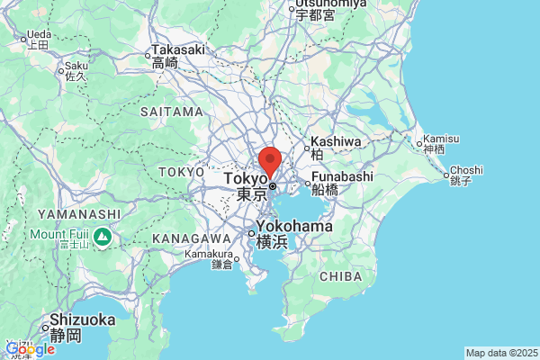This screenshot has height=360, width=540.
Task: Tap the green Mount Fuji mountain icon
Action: click(103, 238)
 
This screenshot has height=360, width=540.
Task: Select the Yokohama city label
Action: click(293, 226)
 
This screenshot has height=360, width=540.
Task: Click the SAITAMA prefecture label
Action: click(172, 112)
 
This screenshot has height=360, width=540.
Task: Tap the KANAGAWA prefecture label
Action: click(193, 238)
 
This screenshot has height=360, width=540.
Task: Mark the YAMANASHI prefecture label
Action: click(79, 214)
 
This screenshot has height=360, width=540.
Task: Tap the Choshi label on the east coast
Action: click(466, 170)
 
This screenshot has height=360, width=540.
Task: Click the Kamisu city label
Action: click(441, 139)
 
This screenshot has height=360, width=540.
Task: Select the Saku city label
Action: click(75, 66)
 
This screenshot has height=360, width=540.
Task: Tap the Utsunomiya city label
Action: click(329, 4)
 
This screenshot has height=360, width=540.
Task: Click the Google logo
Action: click(30, 349)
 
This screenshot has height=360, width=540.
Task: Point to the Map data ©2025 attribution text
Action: click(500, 353)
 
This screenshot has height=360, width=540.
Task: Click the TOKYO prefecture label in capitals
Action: click(181, 171)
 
